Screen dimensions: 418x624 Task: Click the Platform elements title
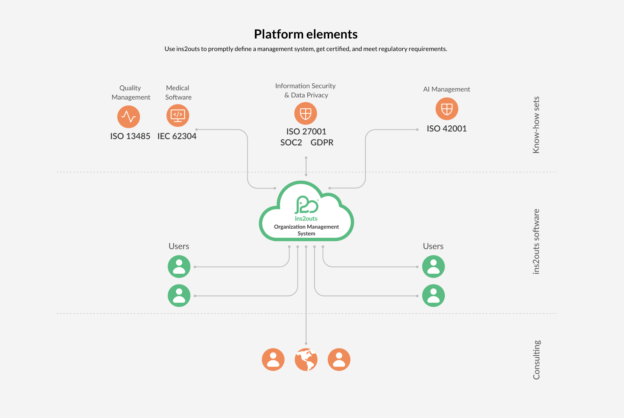[305, 34]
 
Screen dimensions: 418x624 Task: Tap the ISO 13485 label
[130, 136]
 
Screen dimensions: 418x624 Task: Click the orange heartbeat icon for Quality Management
[129, 117]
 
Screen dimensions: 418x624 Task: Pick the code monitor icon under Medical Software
[178, 116]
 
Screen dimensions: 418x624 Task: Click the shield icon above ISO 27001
[305, 113]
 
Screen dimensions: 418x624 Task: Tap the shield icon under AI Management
[447, 109]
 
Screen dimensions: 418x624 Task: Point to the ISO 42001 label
[447, 129]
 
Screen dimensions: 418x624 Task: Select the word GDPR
[322, 143]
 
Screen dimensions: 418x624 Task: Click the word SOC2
[291, 143]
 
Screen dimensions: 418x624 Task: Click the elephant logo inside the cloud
[306, 205]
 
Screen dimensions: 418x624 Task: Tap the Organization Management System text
[306, 230]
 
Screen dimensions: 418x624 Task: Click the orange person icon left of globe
[273, 359]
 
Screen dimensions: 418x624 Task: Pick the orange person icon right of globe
[339, 359]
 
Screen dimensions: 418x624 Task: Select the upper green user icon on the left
[179, 267]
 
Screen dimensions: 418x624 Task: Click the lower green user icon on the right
[433, 295]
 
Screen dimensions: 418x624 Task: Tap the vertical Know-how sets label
[536, 125]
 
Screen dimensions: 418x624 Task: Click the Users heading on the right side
[433, 246]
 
